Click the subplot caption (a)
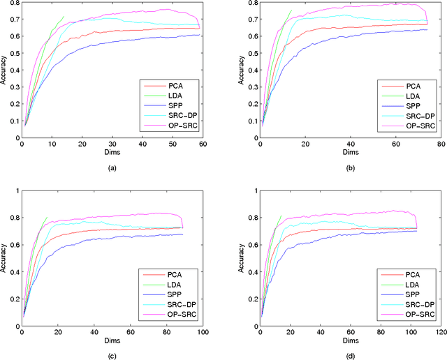click(x=112, y=167)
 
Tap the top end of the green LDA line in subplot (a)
click(x=64, y=16)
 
